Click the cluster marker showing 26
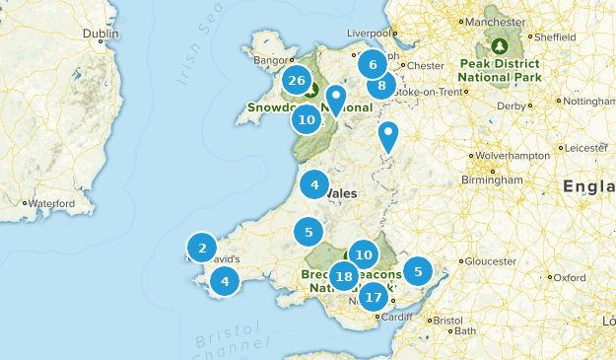[296, 81]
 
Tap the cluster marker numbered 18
[344, 277]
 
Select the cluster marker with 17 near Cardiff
[374, 296]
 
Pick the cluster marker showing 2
[202, 248]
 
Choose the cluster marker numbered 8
[381, 86]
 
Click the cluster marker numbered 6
[372, 65]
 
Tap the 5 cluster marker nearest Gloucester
[418, 271]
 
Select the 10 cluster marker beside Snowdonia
[306, 120]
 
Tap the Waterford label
[51, 203]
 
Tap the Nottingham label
[588, 102]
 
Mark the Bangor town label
[268, 59]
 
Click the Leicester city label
[587, 148]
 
